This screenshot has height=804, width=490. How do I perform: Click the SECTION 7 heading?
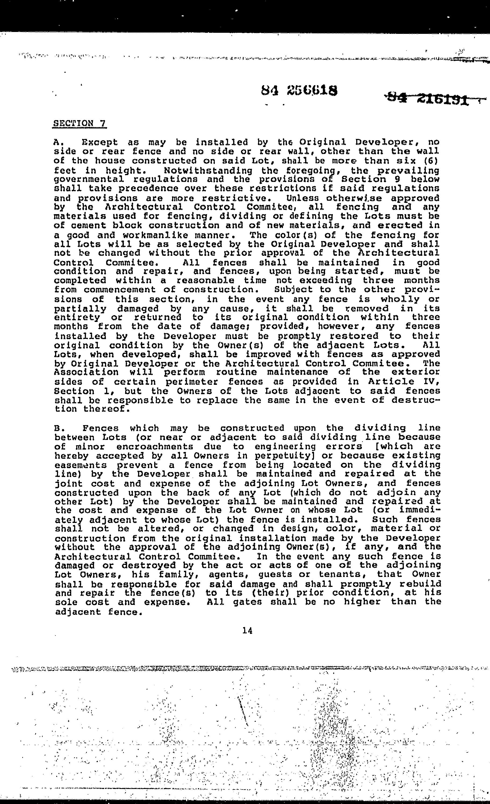(x=80, y=124)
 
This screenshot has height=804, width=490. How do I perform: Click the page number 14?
(x=248, y=631)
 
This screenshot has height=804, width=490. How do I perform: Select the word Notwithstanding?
(x=208, y=170)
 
